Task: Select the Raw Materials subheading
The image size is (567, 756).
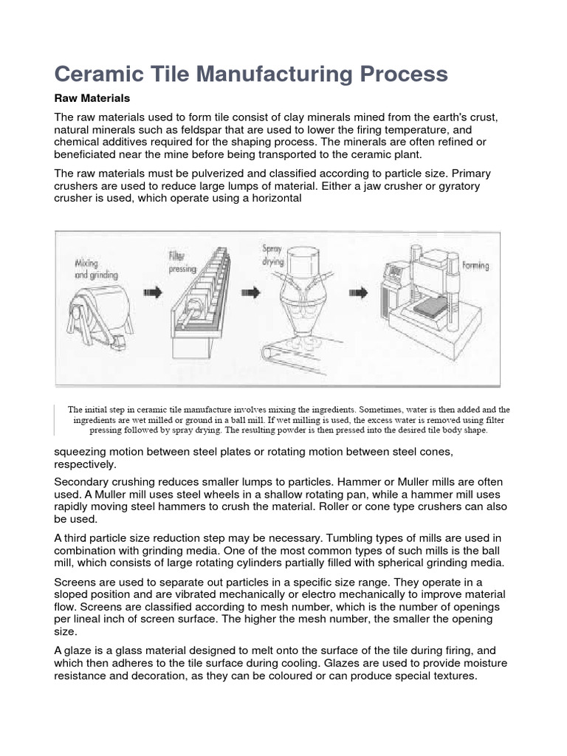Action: point(92,98)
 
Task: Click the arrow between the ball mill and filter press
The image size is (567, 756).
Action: point(152,292)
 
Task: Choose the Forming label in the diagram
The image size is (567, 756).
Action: point(475,265)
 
